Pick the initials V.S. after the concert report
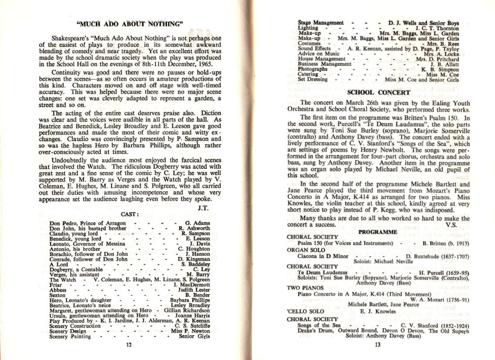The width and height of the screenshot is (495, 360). click(451, 225)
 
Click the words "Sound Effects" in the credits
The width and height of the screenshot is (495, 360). click(315, 49)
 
